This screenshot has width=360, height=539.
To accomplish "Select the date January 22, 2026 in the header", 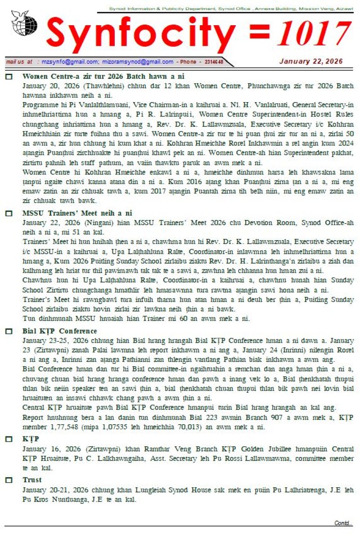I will coord(311,62).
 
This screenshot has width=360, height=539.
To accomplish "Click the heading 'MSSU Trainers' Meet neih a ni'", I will coord(77,213).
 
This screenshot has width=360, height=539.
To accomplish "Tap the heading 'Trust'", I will coord(32,480).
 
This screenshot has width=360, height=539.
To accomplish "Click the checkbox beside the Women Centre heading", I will coord(9,77).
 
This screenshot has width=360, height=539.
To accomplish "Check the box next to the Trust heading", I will coord(9,481).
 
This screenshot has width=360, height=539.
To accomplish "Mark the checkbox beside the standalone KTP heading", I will coord(9,439).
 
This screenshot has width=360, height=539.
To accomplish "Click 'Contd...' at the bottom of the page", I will coord(343,523).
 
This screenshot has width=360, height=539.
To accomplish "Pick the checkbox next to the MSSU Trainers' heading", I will coord(9,213).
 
